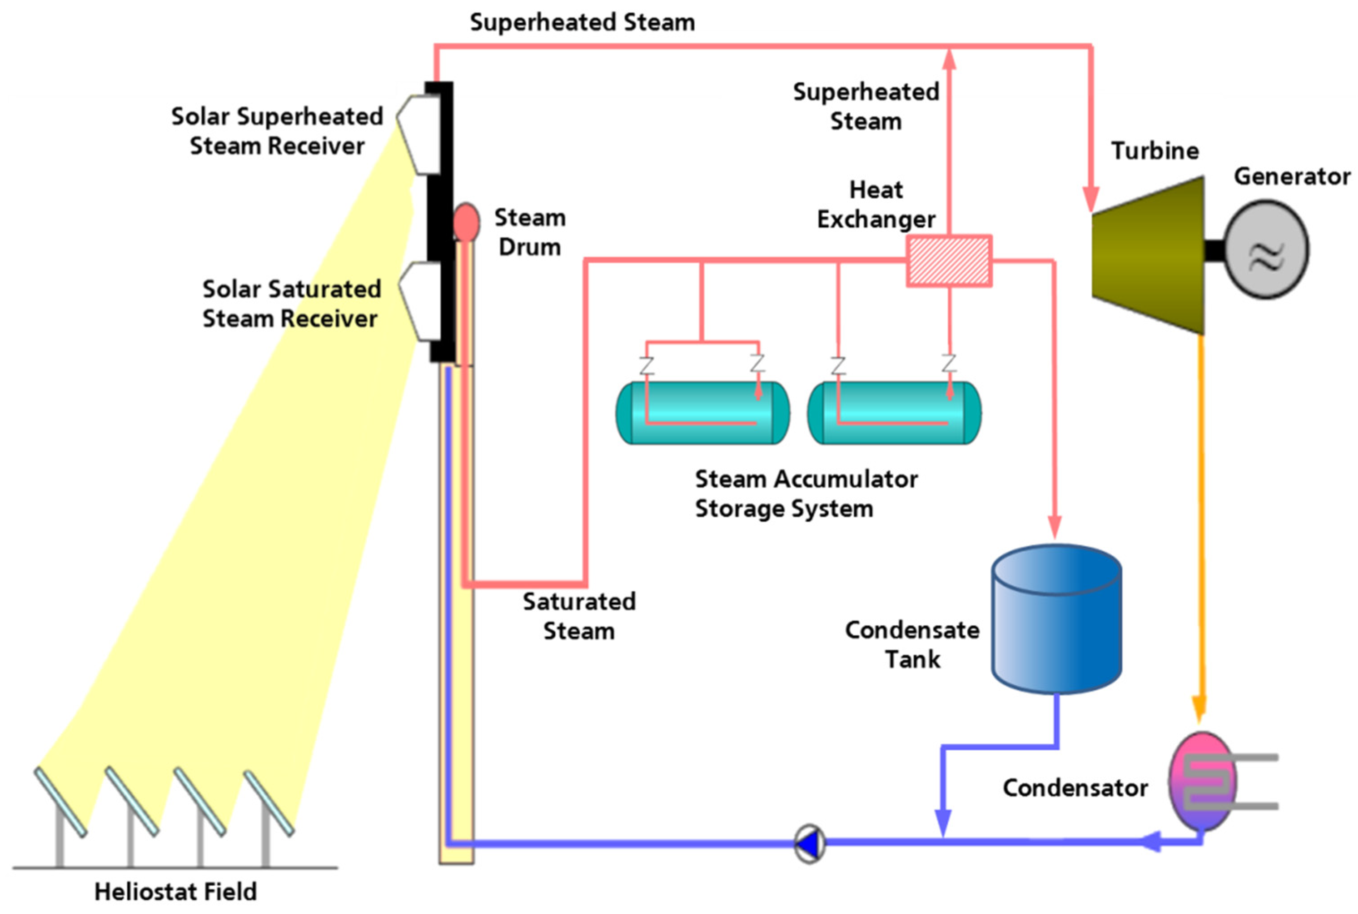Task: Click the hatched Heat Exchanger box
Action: tap(948, 261)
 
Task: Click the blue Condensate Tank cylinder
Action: tap(1056, 619)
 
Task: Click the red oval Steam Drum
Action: tap(466, 222)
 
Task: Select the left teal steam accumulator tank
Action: tap(703, 413)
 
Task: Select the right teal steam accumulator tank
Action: tap(894, 413)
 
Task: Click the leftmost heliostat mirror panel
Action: tap(60, 802)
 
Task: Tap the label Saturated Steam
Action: tap(579, 616)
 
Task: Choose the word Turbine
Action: tap(1155, 151)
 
